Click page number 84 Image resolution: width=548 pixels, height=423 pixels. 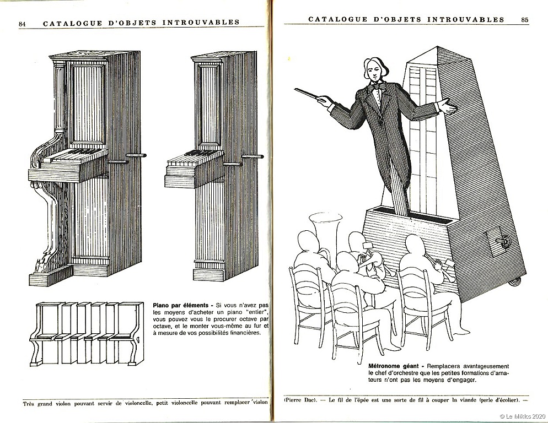23,24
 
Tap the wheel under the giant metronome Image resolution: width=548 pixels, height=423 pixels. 515,281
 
